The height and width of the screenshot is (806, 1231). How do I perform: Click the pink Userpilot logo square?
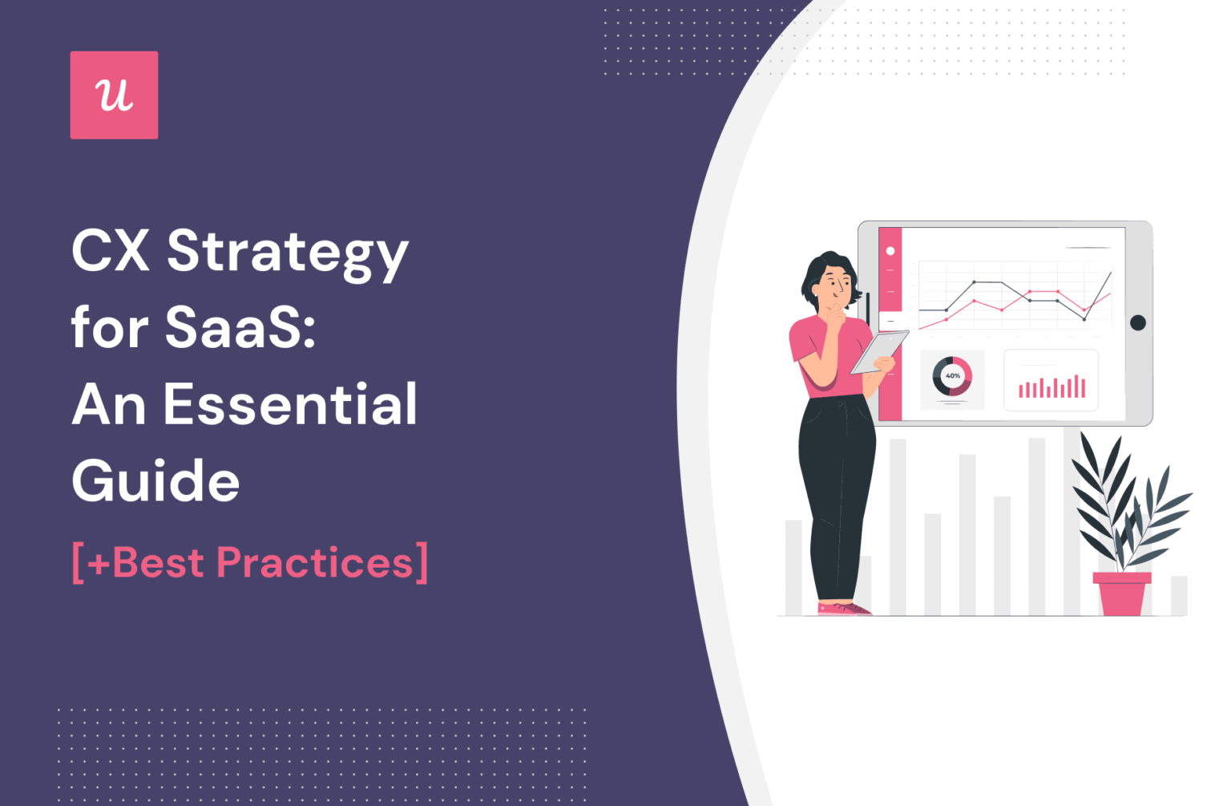click(114, 95)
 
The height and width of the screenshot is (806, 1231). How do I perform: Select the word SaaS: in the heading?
click(240, 328)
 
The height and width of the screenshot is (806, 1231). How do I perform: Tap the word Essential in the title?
click(290, 404)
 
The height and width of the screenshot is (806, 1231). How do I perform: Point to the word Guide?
click(155, 481)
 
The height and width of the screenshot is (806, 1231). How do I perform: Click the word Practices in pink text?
click(314, 562)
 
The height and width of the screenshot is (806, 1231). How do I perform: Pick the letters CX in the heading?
click(111, 251)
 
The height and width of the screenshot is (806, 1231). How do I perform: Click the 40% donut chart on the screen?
click(952, 376)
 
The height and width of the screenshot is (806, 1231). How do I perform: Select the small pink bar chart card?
click(1051, 381)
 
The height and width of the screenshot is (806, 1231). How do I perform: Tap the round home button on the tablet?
click(1137, 322)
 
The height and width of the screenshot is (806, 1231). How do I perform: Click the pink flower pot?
click(1122, 593)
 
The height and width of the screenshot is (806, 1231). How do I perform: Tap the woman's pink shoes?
click(845, 609)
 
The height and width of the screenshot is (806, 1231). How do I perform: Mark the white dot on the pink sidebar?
click(890, 251)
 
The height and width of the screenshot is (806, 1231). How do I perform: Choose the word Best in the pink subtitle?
click(158, 562)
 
